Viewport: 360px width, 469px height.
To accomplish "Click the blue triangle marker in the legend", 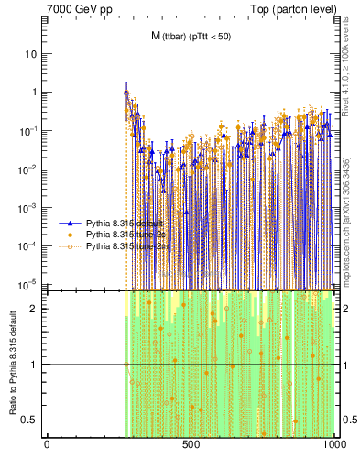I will click(x=70, y=223).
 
